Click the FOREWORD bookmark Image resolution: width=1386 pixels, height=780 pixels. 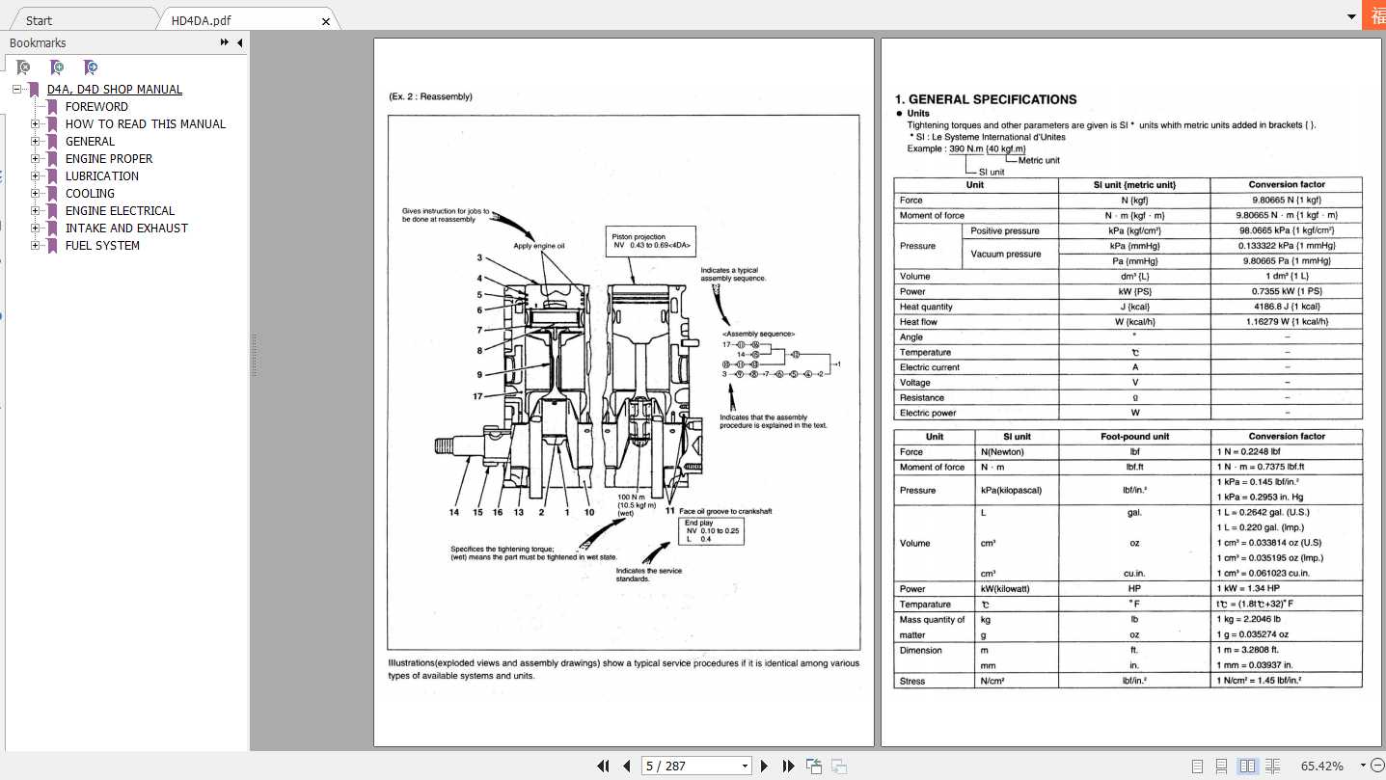pos(96,107)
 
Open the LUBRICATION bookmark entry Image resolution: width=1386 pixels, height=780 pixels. pos(101,176)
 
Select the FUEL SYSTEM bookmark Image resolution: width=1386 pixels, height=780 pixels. pos(102,246)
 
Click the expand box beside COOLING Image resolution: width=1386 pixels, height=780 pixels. pos(36,194)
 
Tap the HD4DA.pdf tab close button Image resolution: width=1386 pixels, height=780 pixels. pos(326,21)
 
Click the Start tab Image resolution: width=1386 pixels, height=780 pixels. pos(40,20)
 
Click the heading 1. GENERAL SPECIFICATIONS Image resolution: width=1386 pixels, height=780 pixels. pos(986,99)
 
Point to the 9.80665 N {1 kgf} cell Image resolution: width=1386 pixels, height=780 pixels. pos(1287,200)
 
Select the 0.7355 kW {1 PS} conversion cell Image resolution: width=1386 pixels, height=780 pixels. pos(1287,291)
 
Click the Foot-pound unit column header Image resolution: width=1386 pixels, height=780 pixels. pos(1134,437)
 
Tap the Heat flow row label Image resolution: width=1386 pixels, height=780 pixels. pos(918,322)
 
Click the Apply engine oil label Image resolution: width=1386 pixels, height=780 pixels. pos(538,246)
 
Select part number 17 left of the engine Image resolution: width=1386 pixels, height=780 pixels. pos(477,396)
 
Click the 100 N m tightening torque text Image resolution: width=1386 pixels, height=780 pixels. pos(637,498)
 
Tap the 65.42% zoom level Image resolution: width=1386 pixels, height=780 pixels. pos(1321,766)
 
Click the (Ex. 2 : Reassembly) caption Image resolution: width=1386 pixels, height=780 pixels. pos(430,96)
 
